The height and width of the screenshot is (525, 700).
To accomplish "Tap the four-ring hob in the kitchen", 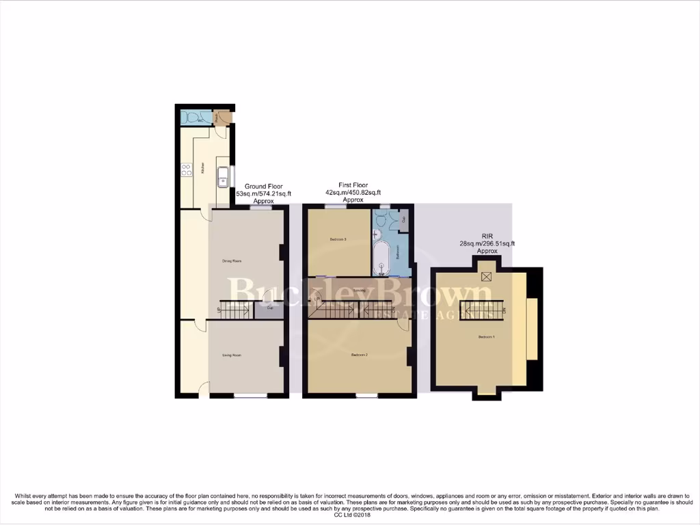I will (x=186, y=171).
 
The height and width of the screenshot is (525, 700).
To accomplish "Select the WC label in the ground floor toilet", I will (x=200, y=118).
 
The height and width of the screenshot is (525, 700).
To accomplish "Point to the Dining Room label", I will (x=232, y=260).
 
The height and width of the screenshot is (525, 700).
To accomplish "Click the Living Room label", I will (x=232, y=355).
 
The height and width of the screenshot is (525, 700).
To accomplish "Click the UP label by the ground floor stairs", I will (x=219, y=310).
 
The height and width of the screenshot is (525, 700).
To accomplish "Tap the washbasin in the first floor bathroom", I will (x=377, y=233).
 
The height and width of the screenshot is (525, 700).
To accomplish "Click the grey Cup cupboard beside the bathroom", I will (x=403, y=220).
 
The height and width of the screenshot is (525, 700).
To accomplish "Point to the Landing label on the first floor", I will (x=359, y=291).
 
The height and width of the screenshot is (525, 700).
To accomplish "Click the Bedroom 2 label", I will (x=360, y=355).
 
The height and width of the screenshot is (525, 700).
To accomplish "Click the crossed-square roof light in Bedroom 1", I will (x=487, y=276).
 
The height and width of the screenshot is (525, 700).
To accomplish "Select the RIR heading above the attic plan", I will (x=487, y=236).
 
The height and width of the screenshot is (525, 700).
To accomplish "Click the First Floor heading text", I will (x=353, y=185).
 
